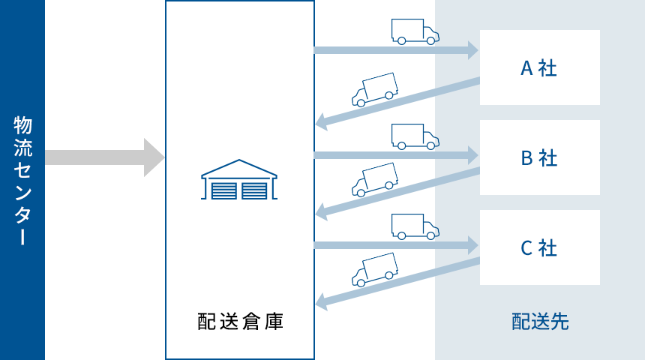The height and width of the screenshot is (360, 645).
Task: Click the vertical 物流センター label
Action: (x=22, y=180)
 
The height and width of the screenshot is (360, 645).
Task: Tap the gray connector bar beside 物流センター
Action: (x=105, y=157)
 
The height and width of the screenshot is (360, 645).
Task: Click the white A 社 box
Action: (x=540, y=67)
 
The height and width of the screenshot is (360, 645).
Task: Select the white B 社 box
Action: (x=540, y=157)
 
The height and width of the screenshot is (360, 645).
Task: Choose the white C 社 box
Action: (x=540, y=247)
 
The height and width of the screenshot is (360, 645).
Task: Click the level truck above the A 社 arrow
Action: (x=414, y=31)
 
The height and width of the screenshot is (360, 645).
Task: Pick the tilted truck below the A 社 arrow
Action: (x=374, y=89)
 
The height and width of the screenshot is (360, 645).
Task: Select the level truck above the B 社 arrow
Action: (x=414, y=136)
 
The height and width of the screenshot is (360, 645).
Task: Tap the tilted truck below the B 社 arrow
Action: (x=374, y=179)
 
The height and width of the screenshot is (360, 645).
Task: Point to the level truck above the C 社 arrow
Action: (x=414, y=226)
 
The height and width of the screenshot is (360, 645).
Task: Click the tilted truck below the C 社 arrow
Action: (x=374, y=269)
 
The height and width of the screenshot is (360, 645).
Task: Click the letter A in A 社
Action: (x=526, y=68)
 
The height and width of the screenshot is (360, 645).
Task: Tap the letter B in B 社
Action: (x=526, y=158)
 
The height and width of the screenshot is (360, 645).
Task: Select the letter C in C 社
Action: (x=526, y=247)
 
